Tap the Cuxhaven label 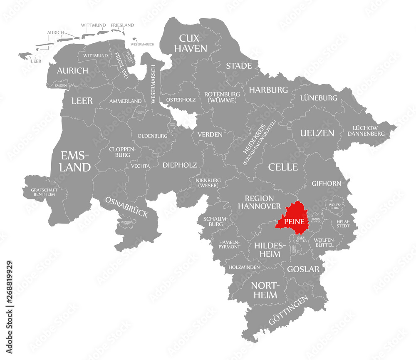pos(193,43)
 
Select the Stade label pos(239,66)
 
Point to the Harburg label pos(268,89)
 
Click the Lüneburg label pos(319,98)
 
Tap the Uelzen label pos(317,133)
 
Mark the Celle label pos(283,167)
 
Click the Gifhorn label pos(326,183)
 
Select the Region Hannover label pos(259,202)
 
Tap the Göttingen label pos(289,310)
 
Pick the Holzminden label pos(244,267)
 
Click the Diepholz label pos(180,165)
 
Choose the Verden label pos(210,134)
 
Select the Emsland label pos(75,161)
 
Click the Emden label pos(60,85)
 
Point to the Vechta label pos(140,166)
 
